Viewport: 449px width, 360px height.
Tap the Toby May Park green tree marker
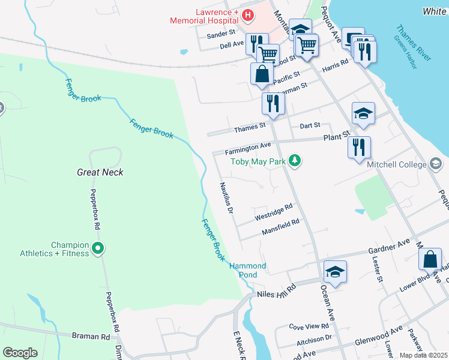coord(294,160)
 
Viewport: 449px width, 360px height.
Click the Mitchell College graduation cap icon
coord(436,164)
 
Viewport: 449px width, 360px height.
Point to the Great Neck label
coord(100,172)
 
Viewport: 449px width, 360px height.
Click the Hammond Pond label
coord(247,270)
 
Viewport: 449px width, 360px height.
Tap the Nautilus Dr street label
coord(226,199)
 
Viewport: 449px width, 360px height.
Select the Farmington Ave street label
coord(249,146)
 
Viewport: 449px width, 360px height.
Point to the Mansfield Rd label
coord(280,227)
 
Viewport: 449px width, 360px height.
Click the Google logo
coord(20,353)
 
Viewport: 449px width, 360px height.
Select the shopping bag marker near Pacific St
coord(262,74)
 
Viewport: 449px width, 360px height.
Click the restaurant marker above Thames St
coord(273,103)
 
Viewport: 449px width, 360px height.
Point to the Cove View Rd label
coord(309,326)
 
